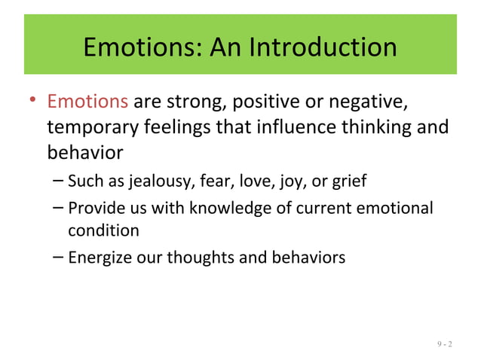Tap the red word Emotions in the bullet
(87, 101)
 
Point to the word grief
(351, 182)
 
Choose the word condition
(103, 229)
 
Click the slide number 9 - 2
(444, 346)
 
